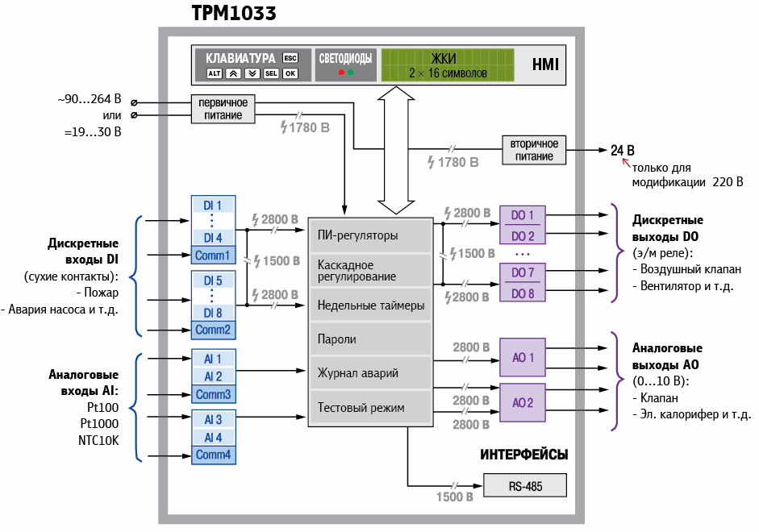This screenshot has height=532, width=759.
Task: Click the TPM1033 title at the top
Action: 234,13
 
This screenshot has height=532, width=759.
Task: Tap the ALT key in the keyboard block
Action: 214,73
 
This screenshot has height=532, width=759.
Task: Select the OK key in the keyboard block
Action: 290,73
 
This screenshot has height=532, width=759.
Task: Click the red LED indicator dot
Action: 341,73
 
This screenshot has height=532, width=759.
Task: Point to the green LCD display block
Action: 447,64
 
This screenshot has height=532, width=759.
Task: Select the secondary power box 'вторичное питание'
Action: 533,149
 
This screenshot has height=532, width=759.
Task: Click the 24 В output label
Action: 622,151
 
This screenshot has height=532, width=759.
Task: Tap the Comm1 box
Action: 213,256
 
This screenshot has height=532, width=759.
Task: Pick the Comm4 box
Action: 213,455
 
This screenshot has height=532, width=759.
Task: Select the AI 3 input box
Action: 213,420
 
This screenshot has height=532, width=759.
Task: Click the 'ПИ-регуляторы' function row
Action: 370,236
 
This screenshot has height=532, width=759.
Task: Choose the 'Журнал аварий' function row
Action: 370,373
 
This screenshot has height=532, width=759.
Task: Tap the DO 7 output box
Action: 523,272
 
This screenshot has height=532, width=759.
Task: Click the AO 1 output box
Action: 523,357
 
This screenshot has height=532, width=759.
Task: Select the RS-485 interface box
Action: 524,486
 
